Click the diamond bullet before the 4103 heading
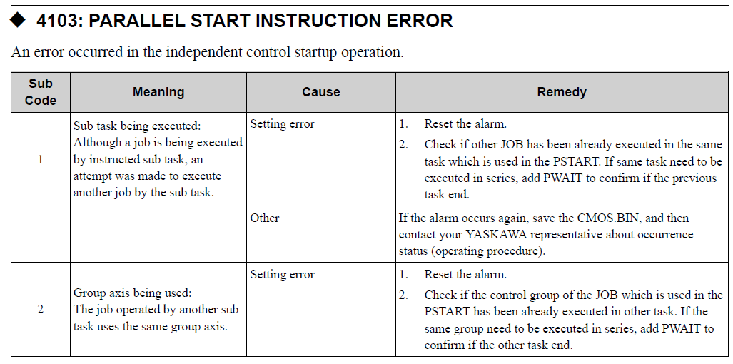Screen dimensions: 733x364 [18, 21]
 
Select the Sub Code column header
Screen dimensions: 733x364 [41, 92]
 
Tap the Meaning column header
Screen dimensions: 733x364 [158, 92]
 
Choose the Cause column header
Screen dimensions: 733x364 [321, 92]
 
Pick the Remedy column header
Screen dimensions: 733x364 [562, 92]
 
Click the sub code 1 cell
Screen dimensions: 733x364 [41, 160]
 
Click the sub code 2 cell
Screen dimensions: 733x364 [41, 310]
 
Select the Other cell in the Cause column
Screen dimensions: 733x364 [265, 218]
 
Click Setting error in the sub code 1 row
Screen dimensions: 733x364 [283, 123]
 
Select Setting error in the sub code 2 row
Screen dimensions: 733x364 [283, 274]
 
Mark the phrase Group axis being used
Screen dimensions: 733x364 [132, 293]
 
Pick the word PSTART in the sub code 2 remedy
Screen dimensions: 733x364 [448, 312]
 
